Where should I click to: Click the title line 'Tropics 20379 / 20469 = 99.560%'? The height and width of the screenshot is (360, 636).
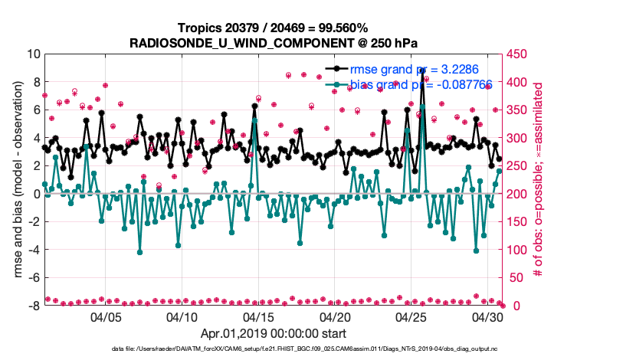(x=274, y=28)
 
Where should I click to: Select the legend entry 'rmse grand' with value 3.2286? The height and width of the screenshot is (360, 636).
(x=410, y=69)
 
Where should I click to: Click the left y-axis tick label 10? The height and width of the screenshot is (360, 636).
(x=32, y=54)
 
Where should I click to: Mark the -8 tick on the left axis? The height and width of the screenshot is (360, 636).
(x=34, y=306)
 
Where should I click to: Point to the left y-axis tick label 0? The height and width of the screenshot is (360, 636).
(x=36, y=194)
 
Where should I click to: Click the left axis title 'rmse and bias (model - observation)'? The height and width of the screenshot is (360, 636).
(x=18, y=180)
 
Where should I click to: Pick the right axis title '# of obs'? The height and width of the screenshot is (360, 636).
(x=538, y=180)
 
